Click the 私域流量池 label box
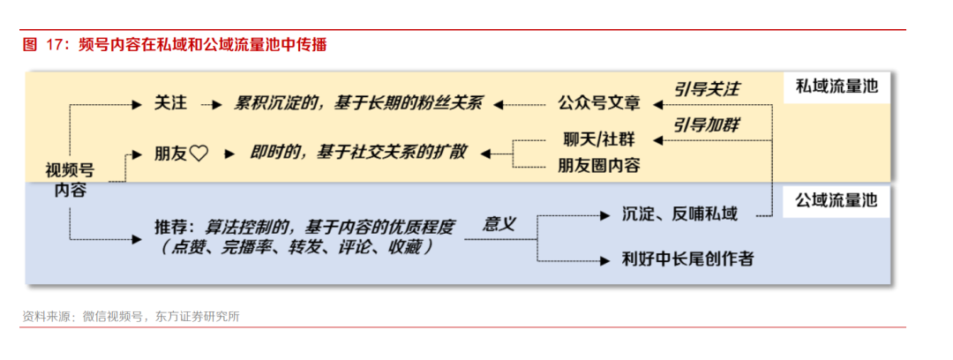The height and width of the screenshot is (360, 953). tap(837, 87)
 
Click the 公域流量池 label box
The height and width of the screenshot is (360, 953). tap(837, 200)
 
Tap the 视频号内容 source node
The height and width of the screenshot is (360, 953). tap(70, 180)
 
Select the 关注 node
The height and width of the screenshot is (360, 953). tap(169, 104)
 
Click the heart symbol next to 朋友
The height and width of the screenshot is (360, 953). tap(199, 154)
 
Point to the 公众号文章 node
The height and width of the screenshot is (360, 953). tap(598, 103)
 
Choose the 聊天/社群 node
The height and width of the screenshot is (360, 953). tap(598, 140)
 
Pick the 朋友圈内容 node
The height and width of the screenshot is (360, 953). tap(598, 165)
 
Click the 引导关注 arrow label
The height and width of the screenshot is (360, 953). tap(706, 89)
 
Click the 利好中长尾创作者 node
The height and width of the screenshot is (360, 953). tap(687, 259)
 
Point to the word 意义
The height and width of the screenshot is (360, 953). tap(499, 224)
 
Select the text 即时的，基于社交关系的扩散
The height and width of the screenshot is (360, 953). tap(358, 153)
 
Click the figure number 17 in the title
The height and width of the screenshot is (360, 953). tap(53, 45)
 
